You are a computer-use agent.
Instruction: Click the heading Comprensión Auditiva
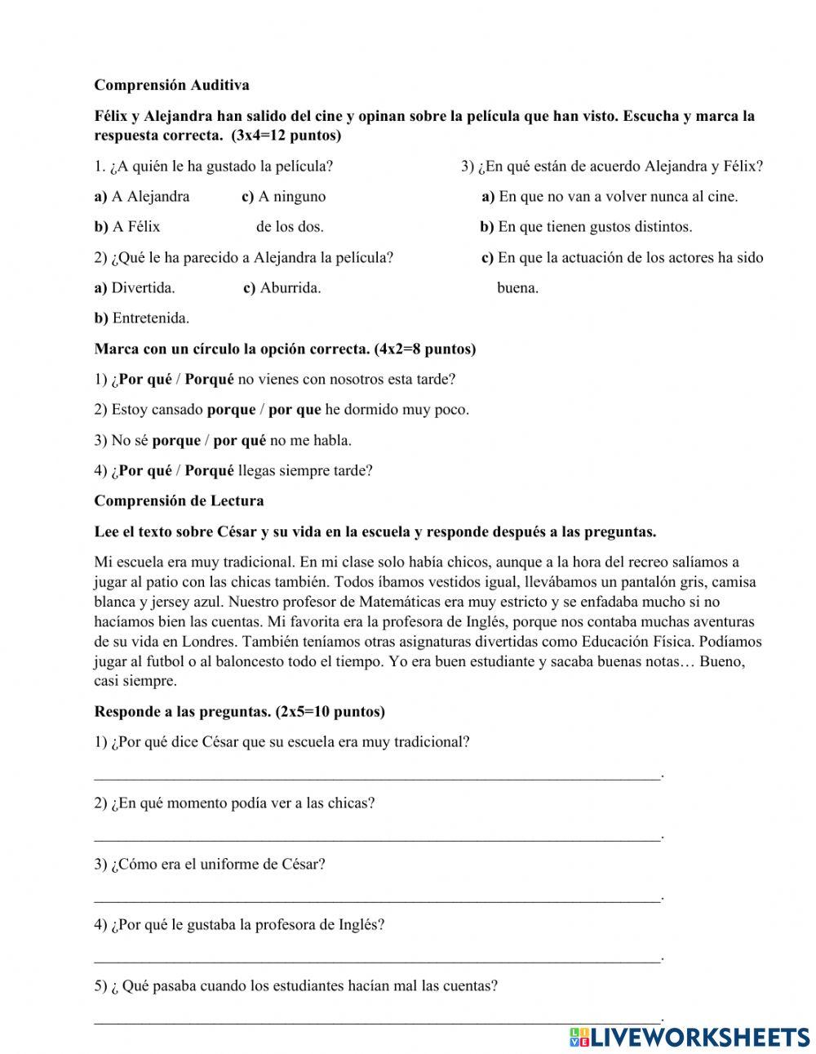[x=171, y=85]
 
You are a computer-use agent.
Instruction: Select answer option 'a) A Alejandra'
[x=142, y=197]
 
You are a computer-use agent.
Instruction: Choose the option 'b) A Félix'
[x=127, y=227]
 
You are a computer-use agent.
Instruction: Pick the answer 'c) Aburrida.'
[x=282, y=288]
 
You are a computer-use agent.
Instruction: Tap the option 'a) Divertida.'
[x=135, y=288]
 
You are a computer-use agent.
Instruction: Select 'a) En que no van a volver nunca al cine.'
[x=610, y=197]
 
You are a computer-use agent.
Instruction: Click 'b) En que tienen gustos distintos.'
[x=586, y=227]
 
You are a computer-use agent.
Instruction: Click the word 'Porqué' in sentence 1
[x=209, y=380]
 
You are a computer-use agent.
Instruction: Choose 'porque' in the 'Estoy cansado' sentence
[x=231, y=410]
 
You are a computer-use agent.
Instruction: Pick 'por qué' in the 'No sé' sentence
[x=240, y=441]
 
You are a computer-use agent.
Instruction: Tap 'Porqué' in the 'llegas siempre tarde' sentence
[x=209, y=471]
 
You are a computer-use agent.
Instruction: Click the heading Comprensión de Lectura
[x=179, y=501]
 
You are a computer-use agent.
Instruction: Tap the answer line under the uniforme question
[x=377, y=898]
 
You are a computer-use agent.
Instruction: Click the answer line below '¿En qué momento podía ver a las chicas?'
[x=377, y=837]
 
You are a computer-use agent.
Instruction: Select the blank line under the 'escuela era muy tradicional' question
[x=377, y=776]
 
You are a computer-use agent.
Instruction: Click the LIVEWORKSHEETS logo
[x=690, y=1037]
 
